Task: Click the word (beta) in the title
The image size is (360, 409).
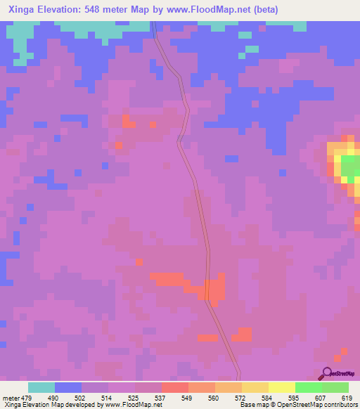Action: pyautogui.click(x=264, y=10)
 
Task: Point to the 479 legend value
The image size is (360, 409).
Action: pyautogui.click(x=27, y=398)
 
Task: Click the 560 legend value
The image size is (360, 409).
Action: pyautogui.click(x=213, y=398)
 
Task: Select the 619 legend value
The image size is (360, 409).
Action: pyautogui.click(x=346, y=398)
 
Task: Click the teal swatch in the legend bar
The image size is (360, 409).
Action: pyautogui.click(x=41, y=387)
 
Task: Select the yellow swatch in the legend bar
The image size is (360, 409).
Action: pyautogui.click(x=282, y=387)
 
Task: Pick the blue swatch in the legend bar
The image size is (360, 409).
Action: pyautogui.click(x=68, y=387)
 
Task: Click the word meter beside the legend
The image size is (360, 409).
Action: pyautogui.click(x=11, y=398)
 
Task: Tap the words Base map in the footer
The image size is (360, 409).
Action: pyautogui.click(x=252, y=405)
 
